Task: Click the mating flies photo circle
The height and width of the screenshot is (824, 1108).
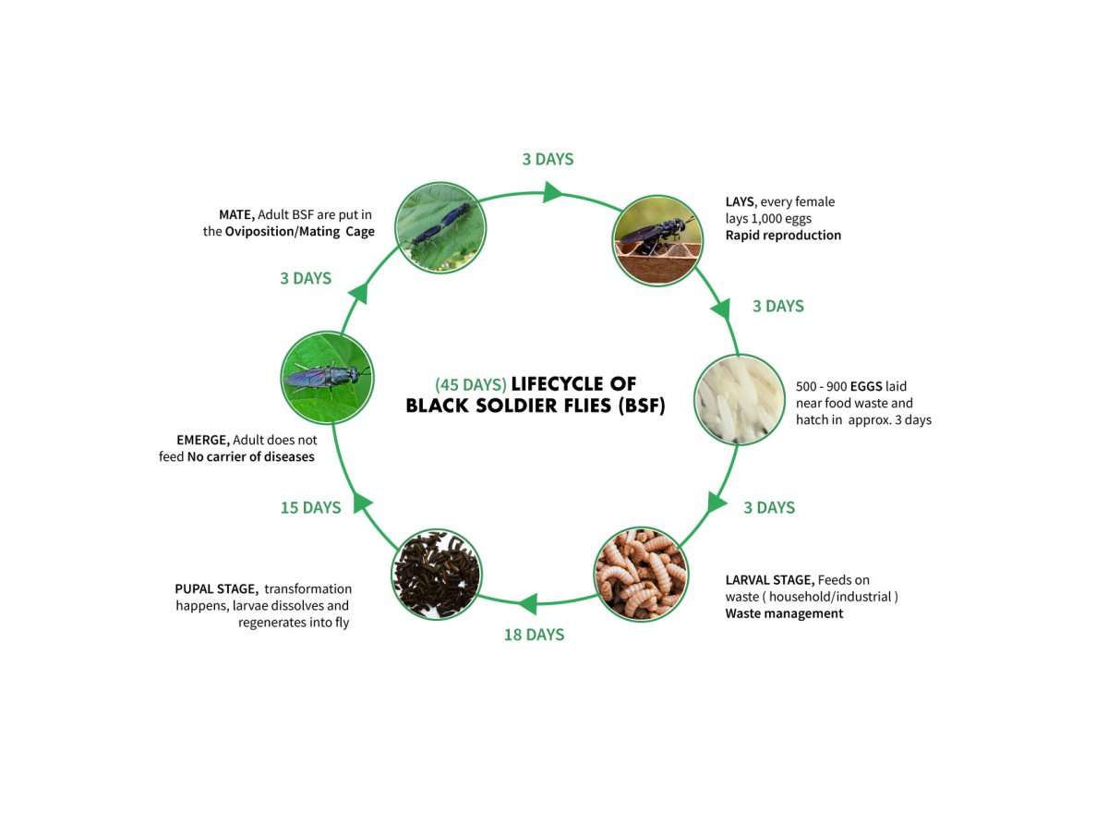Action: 440,227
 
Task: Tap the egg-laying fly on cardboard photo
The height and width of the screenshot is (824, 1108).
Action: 657,240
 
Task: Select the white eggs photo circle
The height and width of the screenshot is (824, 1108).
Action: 740,399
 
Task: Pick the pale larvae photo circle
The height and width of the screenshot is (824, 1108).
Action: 641,575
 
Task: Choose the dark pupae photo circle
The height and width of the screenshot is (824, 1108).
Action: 437,575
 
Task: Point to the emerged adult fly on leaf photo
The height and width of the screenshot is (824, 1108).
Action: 327,378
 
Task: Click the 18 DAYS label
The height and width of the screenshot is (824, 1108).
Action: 534,635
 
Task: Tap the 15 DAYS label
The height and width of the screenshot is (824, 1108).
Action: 311,507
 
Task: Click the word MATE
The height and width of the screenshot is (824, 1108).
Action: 236,215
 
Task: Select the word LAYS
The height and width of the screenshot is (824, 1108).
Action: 741,202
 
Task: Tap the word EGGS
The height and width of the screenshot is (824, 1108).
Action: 866,386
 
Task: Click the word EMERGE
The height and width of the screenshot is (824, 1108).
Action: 203,440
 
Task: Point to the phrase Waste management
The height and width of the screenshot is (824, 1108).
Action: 784,613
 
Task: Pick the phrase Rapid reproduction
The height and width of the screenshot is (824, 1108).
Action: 783,235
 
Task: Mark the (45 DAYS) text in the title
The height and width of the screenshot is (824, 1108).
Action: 471,384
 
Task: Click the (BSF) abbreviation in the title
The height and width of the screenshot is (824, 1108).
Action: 642,406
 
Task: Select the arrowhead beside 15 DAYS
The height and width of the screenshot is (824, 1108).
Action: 362,503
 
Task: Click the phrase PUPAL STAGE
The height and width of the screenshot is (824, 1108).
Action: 216,589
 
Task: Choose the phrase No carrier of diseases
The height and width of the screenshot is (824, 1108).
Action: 251,457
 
